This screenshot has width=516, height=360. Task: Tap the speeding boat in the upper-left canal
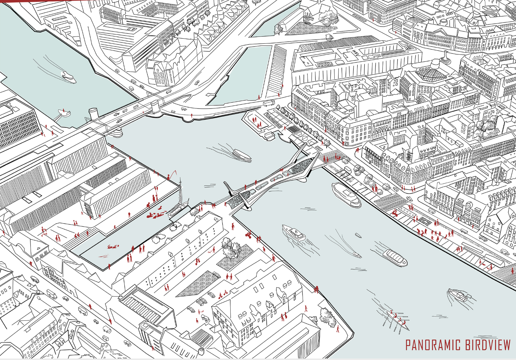click(x=69, y=77)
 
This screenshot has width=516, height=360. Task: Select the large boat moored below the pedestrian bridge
click(x=346, y=195)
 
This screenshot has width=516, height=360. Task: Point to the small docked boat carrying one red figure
click(x=63, y=111)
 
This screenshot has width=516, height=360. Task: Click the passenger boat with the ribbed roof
click(x=395, y=257)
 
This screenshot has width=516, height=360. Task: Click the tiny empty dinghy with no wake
click(x=358, y=236)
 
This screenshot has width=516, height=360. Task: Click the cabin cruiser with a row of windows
click(x=294, y=233)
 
